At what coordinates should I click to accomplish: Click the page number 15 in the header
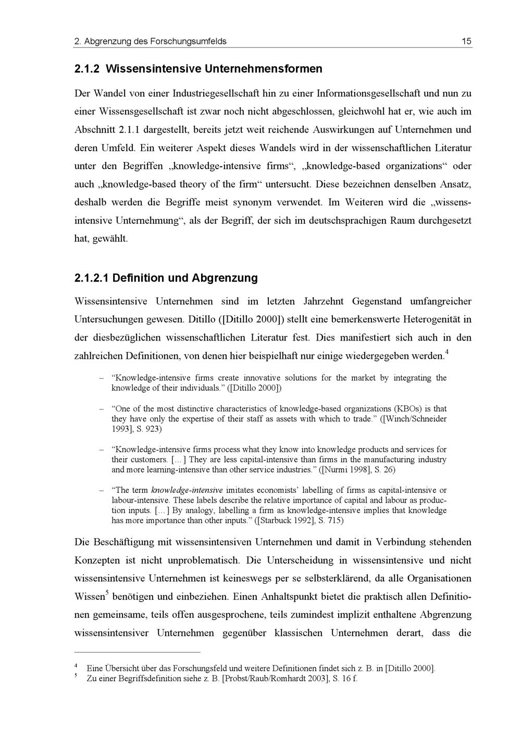point(466,41)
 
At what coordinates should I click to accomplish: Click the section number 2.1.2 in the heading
point(87,69)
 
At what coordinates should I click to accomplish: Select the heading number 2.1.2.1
point(91,278)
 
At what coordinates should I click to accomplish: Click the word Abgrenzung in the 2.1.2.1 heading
point(225,278)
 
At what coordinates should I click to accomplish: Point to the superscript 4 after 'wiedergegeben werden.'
point(446,353)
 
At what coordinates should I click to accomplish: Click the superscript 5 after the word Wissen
point(107,592)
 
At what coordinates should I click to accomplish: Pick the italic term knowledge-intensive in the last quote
point(187,490)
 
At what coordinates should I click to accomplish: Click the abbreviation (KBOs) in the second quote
point(392,408)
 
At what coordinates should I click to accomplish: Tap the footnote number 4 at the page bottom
point(76,666)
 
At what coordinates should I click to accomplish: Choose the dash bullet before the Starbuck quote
point(102,490)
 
